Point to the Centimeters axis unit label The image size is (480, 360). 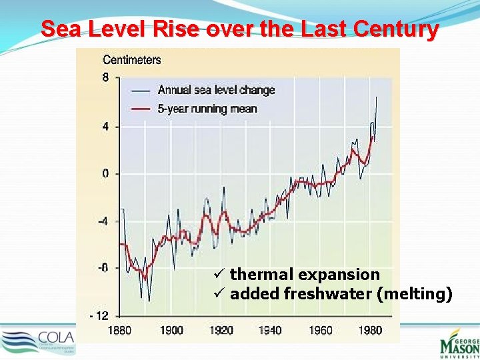pyautogui.click(x=131, y=60)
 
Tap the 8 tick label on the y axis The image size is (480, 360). pyautogui.click(x=105, y=77)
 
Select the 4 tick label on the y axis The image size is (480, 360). pyautogui.click(x=105, y=127)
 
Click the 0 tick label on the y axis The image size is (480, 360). pyautogui.click(x=105, y=174)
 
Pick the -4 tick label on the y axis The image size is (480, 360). pyautogui.click(x=104, y=221)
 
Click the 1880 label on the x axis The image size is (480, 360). pyautogui.click(x=119, y=331)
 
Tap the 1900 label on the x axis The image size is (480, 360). pyautogui.click(x=171, y=331)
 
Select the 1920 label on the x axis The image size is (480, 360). pyautogui.click(x=221, y=331)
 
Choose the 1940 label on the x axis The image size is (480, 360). pyautogui.click(x=270, y=331)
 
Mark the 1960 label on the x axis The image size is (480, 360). pyautogui.click(x=320, y=331)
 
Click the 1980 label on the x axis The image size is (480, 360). pyautogui.click(x=369, y=331)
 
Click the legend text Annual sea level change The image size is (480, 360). pyautogui.click(x=216, y=90)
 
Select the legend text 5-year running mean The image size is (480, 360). pyautogui.click(x=207, y=109)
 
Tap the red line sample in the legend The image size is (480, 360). pyautogui.click(x=141, y=109)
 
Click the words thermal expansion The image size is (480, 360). pyautogui.click(x=305, y=275)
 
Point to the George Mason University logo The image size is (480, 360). pyautogui.click(x=459, y=342)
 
